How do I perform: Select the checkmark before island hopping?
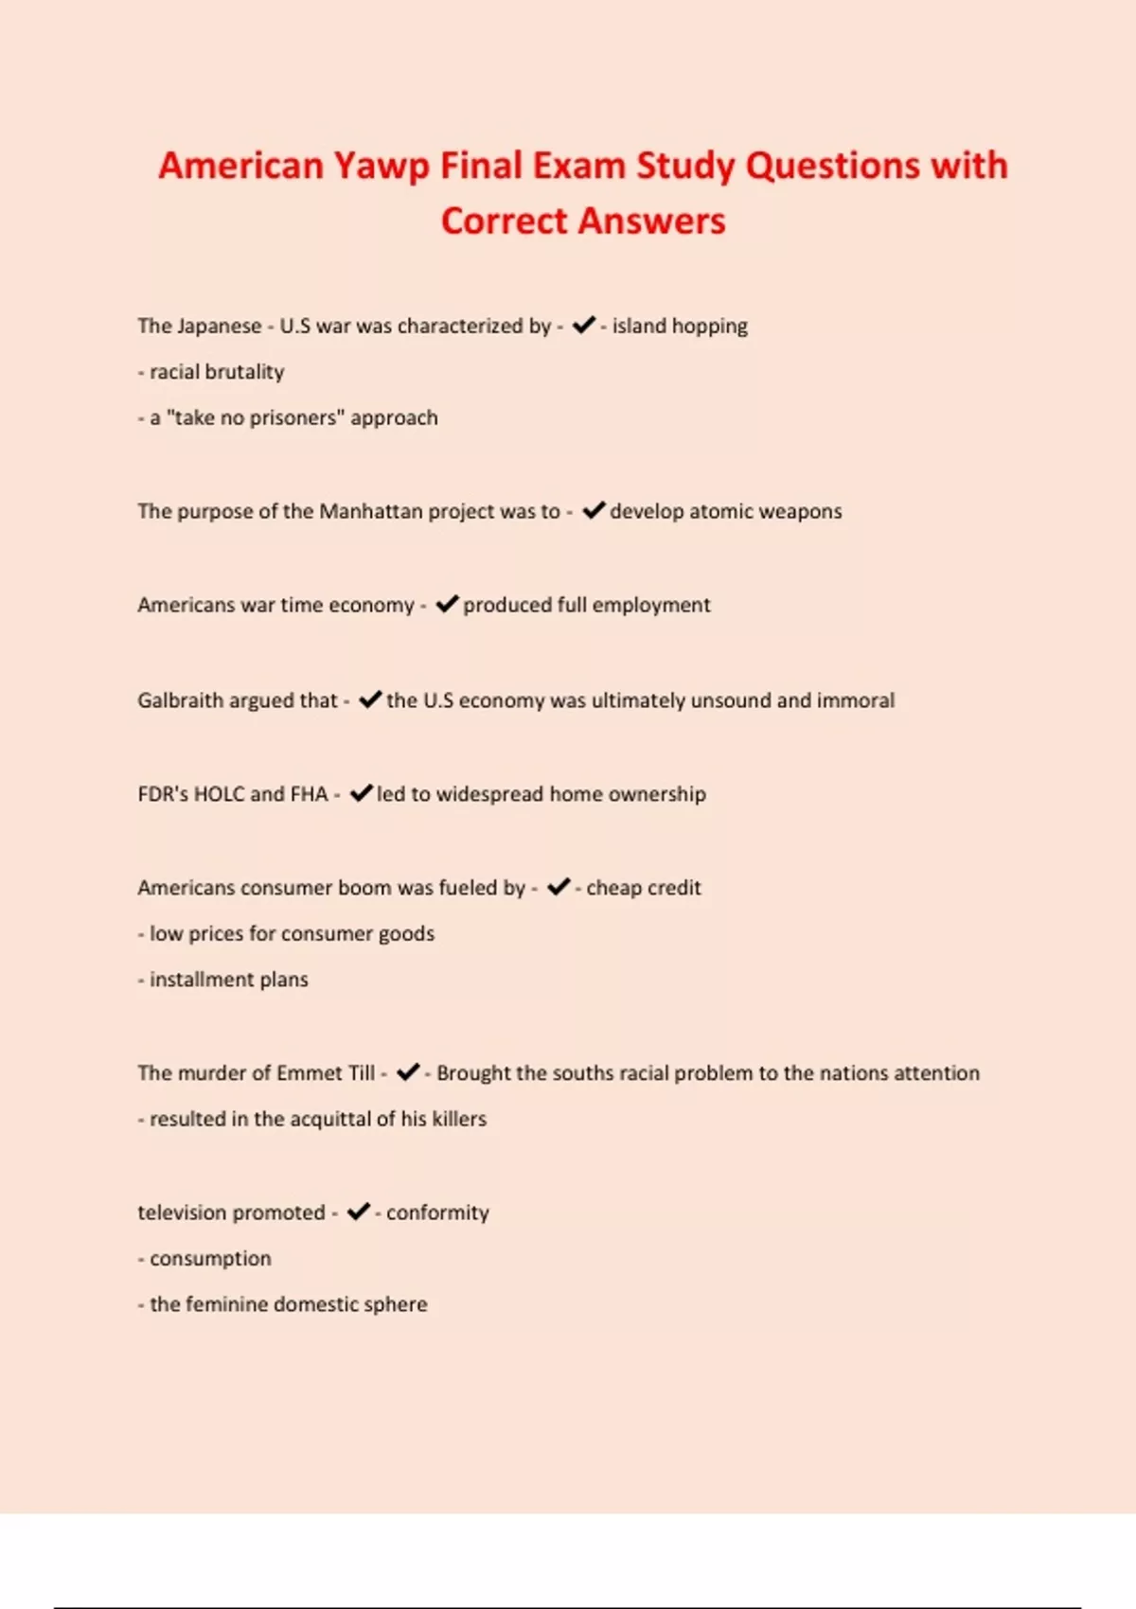[584, 325]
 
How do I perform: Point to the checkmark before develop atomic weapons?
[594, 510]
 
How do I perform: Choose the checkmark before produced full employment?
[447, 604]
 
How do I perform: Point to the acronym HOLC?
[219, 794]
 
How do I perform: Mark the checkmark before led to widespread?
[361, 793]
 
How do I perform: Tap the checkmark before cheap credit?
[559, 886]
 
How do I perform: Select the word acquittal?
[330, 1119]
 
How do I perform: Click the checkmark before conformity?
[358, 1211]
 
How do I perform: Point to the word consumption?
[210, 1259]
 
